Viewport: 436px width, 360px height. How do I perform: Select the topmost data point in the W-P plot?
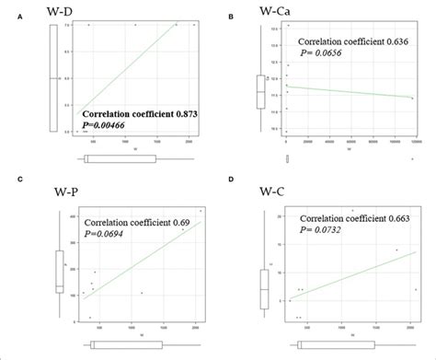tap(201, 211)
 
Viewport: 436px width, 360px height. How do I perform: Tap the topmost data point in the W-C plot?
tap(352, 211)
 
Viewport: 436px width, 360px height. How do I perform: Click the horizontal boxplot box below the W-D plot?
tap(119, 159)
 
